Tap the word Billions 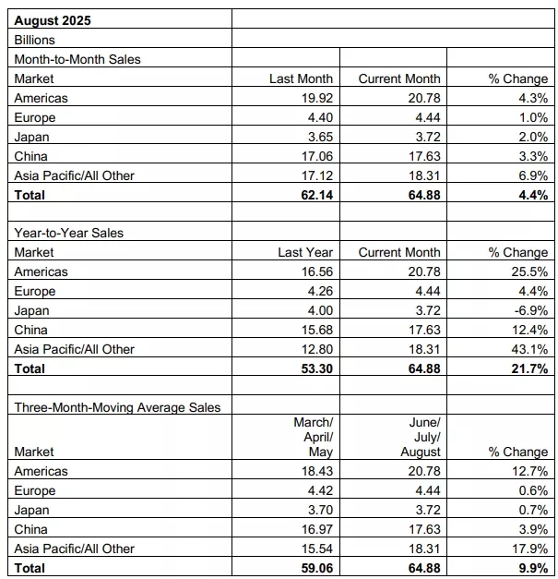(x=36, y=40)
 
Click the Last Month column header (x=301, y=78)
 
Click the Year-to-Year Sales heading (x=69, y=233)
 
